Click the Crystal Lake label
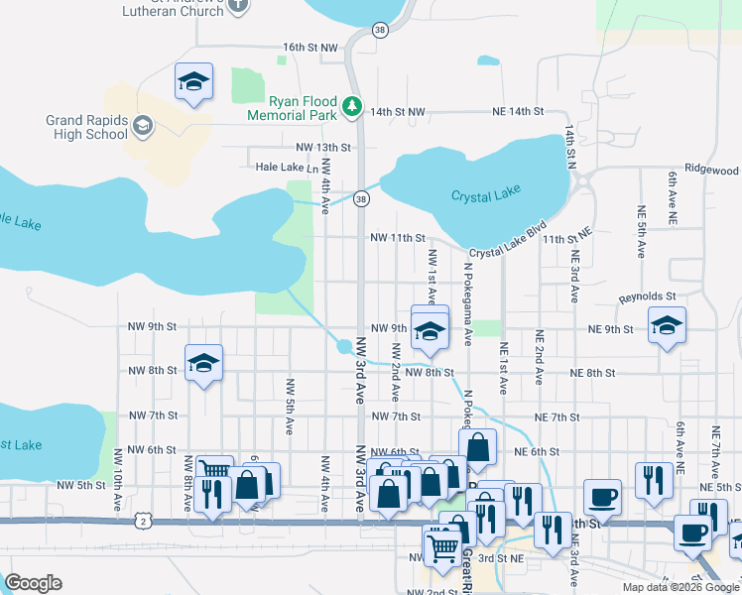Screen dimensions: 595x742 tap(485, 194)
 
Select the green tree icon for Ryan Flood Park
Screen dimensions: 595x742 tap(350, 105)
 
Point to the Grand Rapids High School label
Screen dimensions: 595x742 tap(87, 127)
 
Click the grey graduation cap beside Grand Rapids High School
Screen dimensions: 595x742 tap(144, 125)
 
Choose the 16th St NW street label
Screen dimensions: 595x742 tap(310, 47)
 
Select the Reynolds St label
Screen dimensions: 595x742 tap(647, 296)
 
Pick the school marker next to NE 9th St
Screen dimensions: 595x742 tap(668, 326)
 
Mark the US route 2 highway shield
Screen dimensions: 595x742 tap(145, 521)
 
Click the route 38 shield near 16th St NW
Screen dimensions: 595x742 tap(380, 31)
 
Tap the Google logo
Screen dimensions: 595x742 tap(33, 583)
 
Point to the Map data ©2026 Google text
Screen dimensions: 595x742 tap(680, 587)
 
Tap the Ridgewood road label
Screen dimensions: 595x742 tap(710, 170)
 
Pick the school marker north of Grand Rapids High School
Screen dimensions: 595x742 tap(194, 83)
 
